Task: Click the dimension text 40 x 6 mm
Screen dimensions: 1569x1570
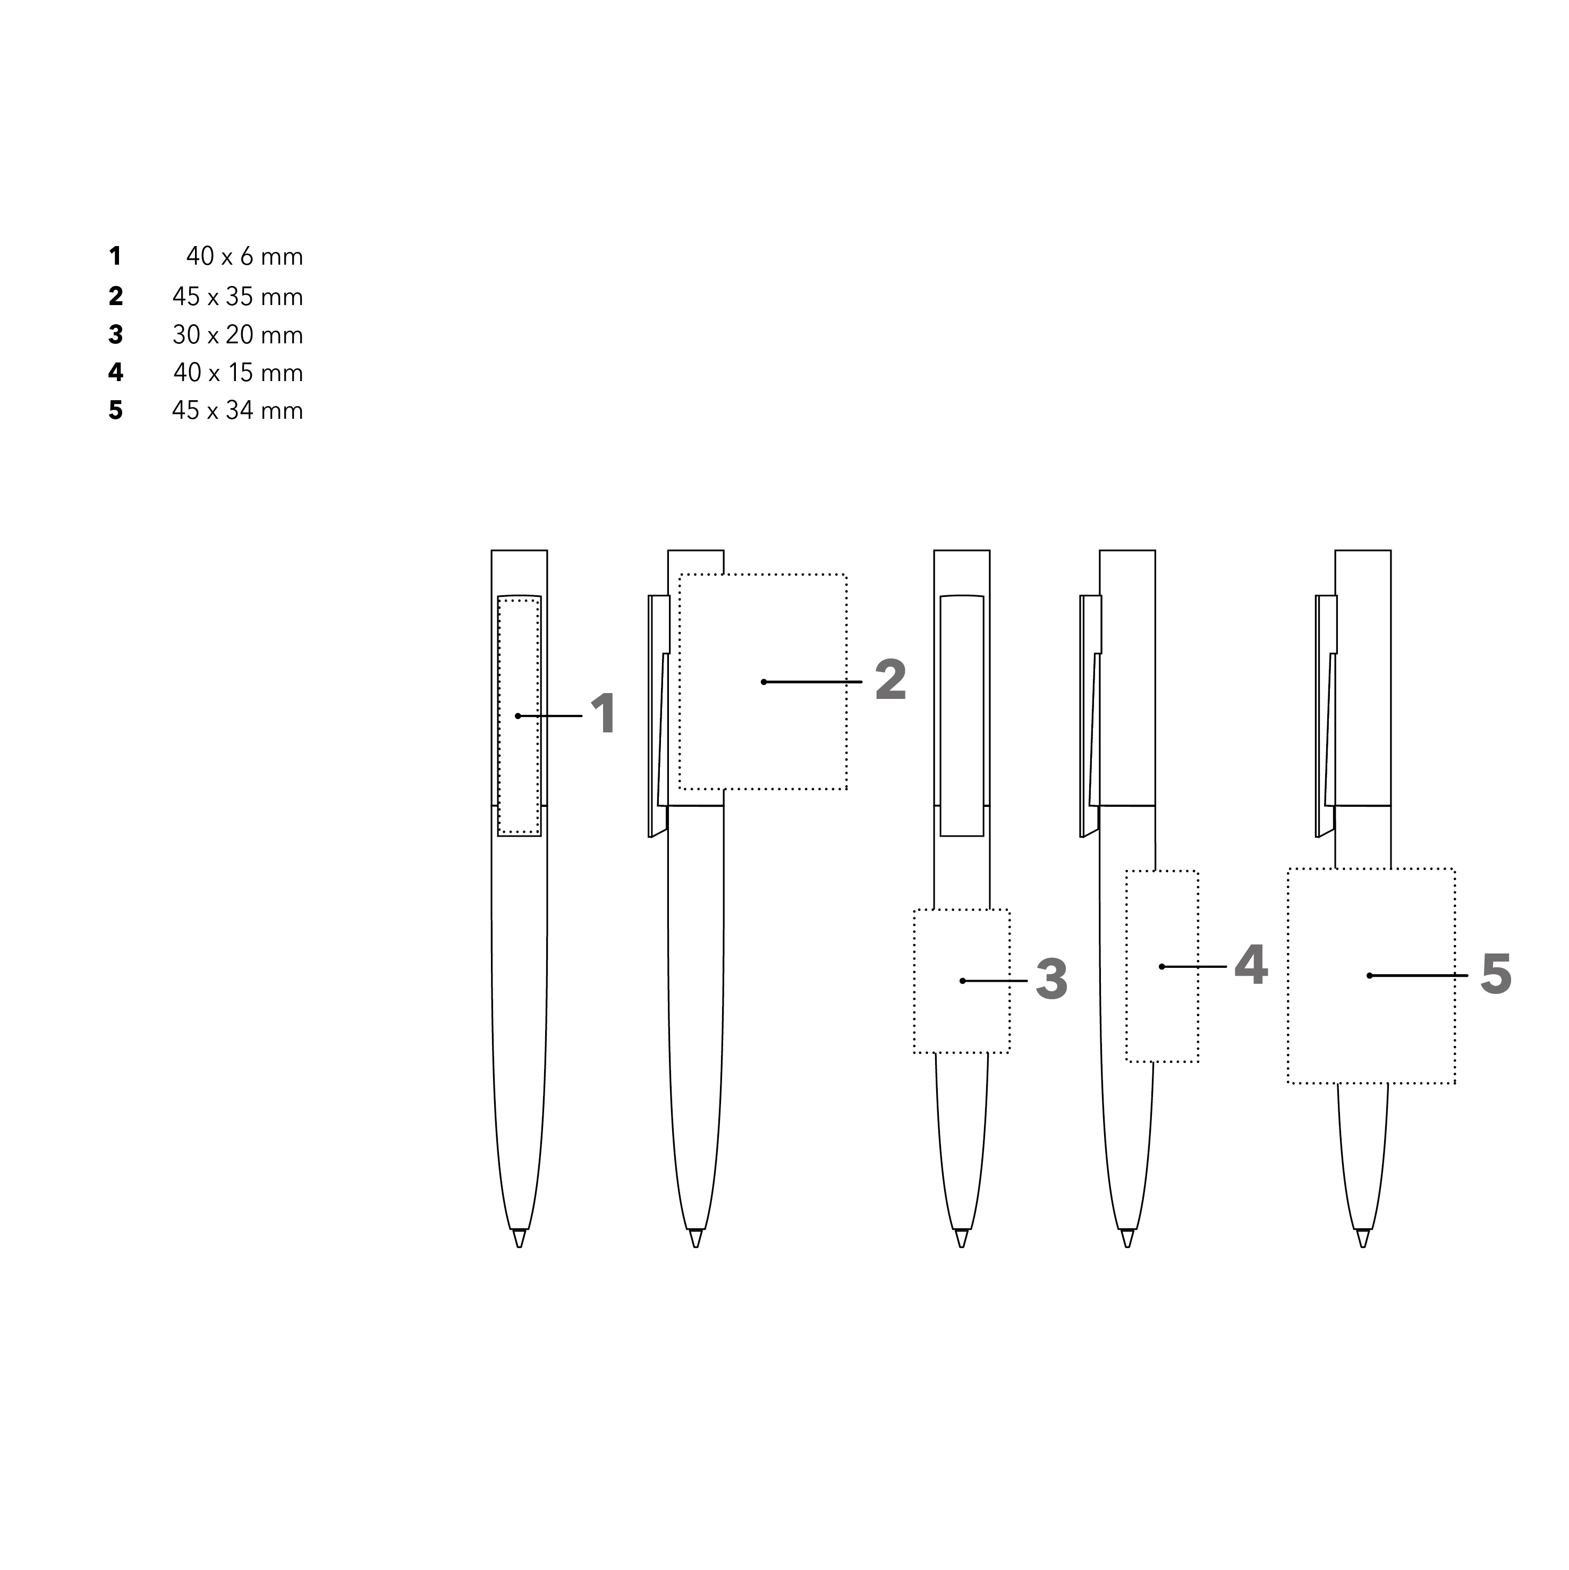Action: [244, 257]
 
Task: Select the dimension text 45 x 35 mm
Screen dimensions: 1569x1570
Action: [238, 297]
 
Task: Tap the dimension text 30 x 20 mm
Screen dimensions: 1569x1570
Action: [238, 335]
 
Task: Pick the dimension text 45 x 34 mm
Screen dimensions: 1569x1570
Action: [238, 410]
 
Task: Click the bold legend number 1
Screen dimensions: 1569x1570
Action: [115, 257]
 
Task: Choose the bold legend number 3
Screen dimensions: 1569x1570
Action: [115, 335]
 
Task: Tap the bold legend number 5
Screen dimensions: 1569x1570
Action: [115, 410]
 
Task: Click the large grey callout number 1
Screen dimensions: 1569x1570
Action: [603, 714]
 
